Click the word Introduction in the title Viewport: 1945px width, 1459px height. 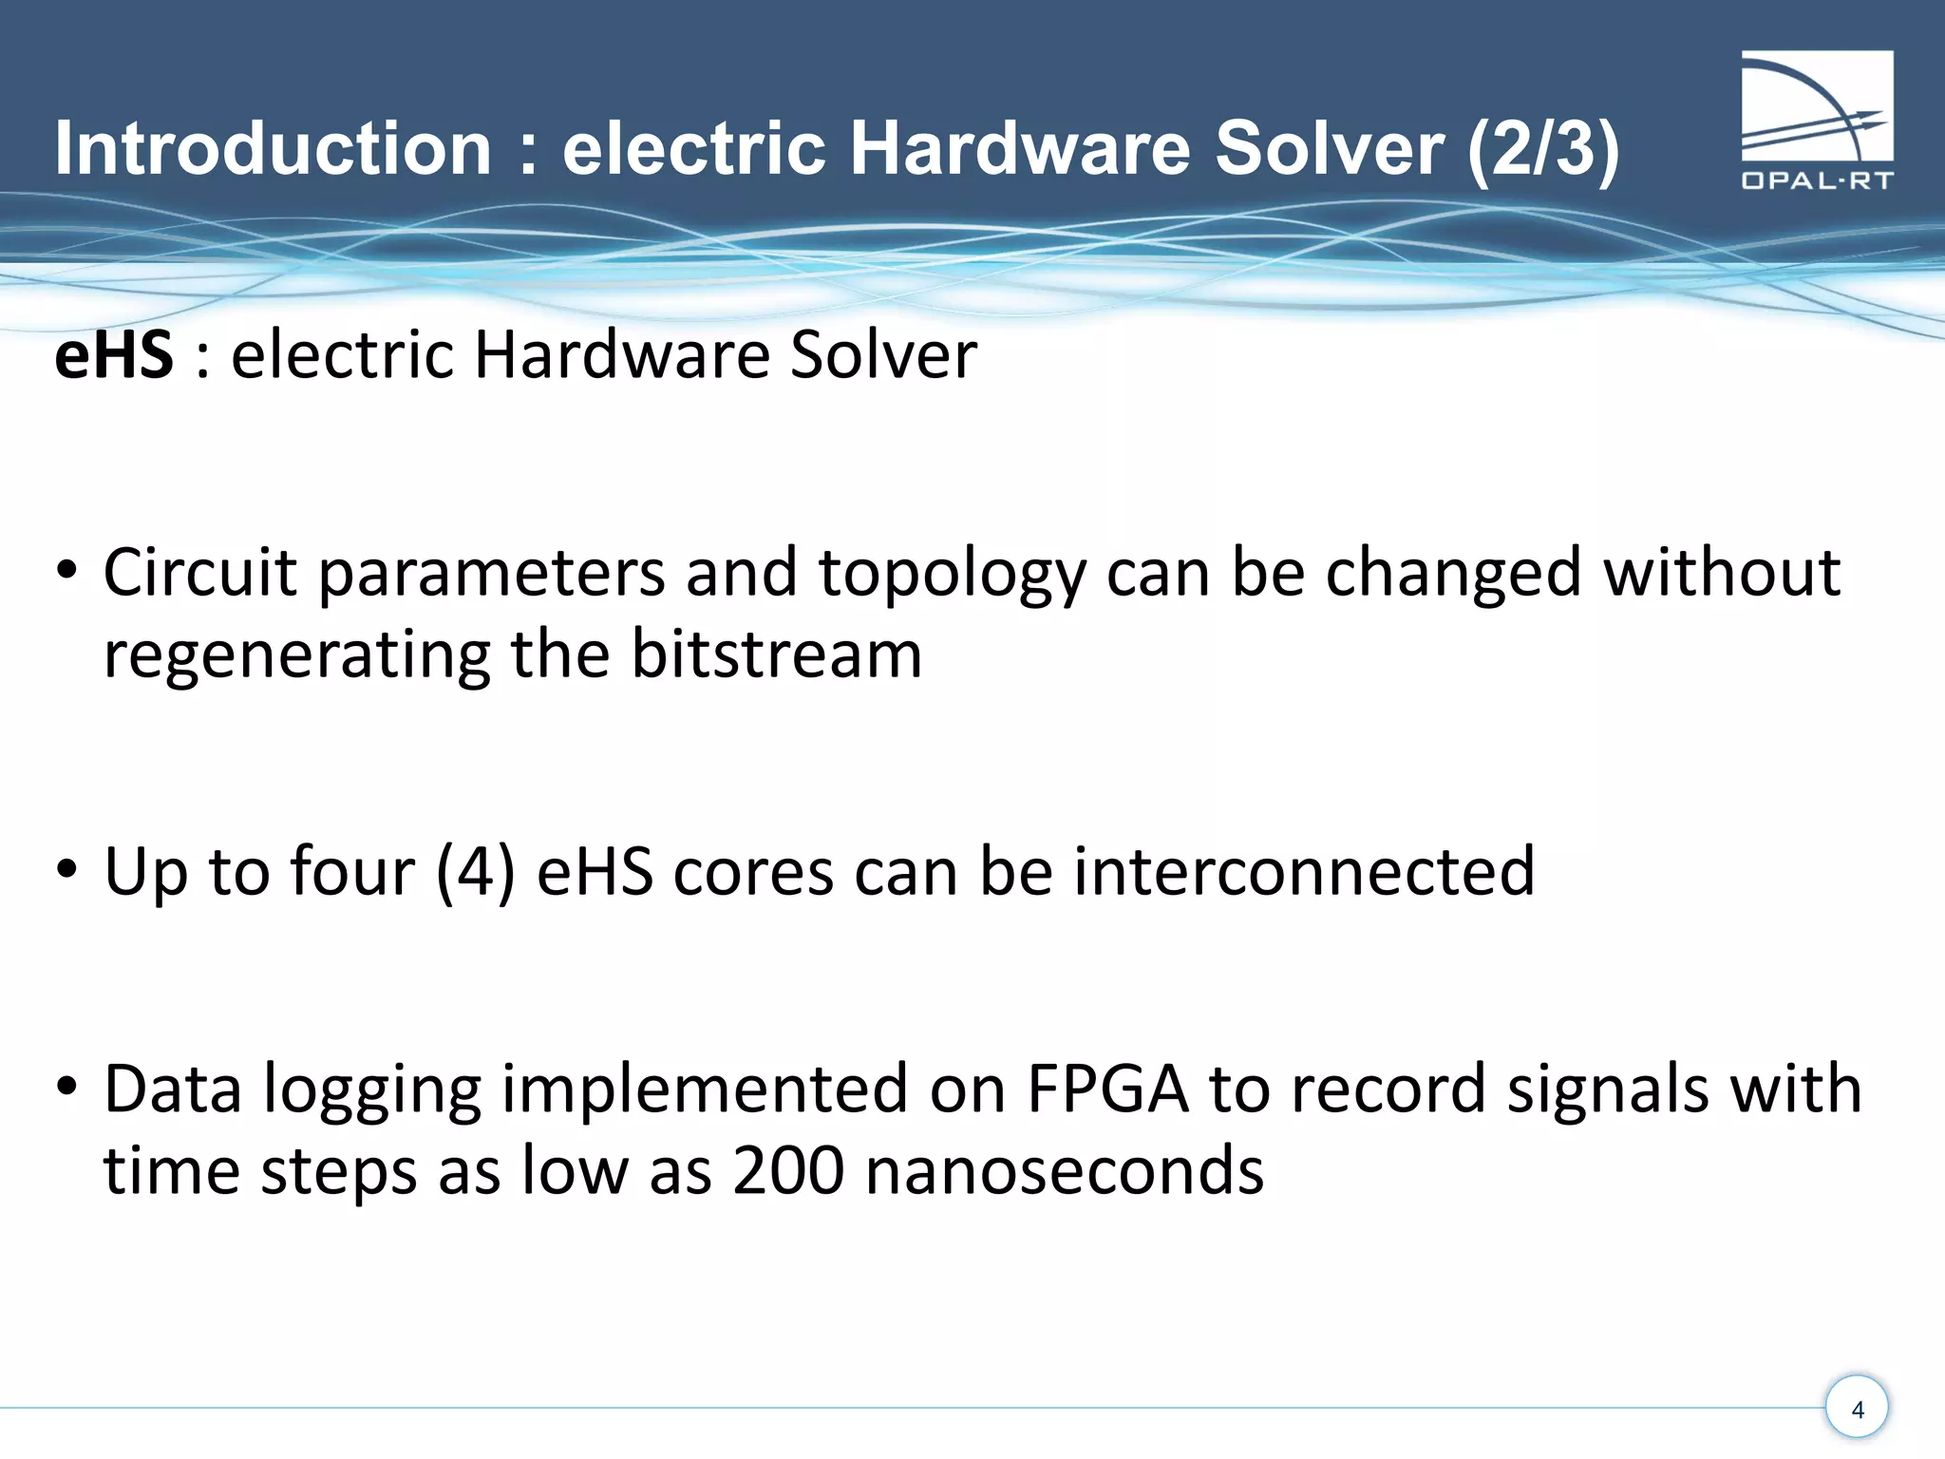coord(273,149)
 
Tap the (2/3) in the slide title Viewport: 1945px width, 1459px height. coord(1542,149)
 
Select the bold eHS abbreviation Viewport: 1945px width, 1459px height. coord(114,355)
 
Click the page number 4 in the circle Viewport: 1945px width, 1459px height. coord(1857,1409)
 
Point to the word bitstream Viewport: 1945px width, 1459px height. coord(776,655)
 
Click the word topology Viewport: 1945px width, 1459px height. coord(952,575)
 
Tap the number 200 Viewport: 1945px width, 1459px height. coord(787,1170)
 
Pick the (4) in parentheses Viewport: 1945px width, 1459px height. coord(475,871)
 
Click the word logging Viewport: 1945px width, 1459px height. coord(372,1090)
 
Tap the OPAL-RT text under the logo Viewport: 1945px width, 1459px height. coord(1816,180)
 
